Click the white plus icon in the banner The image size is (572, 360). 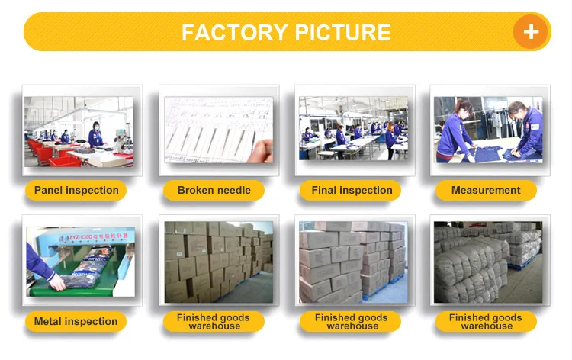click(x=531, y=31)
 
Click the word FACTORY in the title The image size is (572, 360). click(x=230, y=33)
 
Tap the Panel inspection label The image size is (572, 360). click(x=76, y=190)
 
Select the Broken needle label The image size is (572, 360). click(x=214, y=190)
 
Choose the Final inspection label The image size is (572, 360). click(x=352, y=190)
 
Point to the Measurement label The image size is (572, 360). click(x=486, y=190)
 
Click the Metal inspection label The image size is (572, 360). click(x=76, y=321)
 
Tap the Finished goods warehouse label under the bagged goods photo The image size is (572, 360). click(x=486, y=321)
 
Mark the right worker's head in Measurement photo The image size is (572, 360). click(x=516, y=110)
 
